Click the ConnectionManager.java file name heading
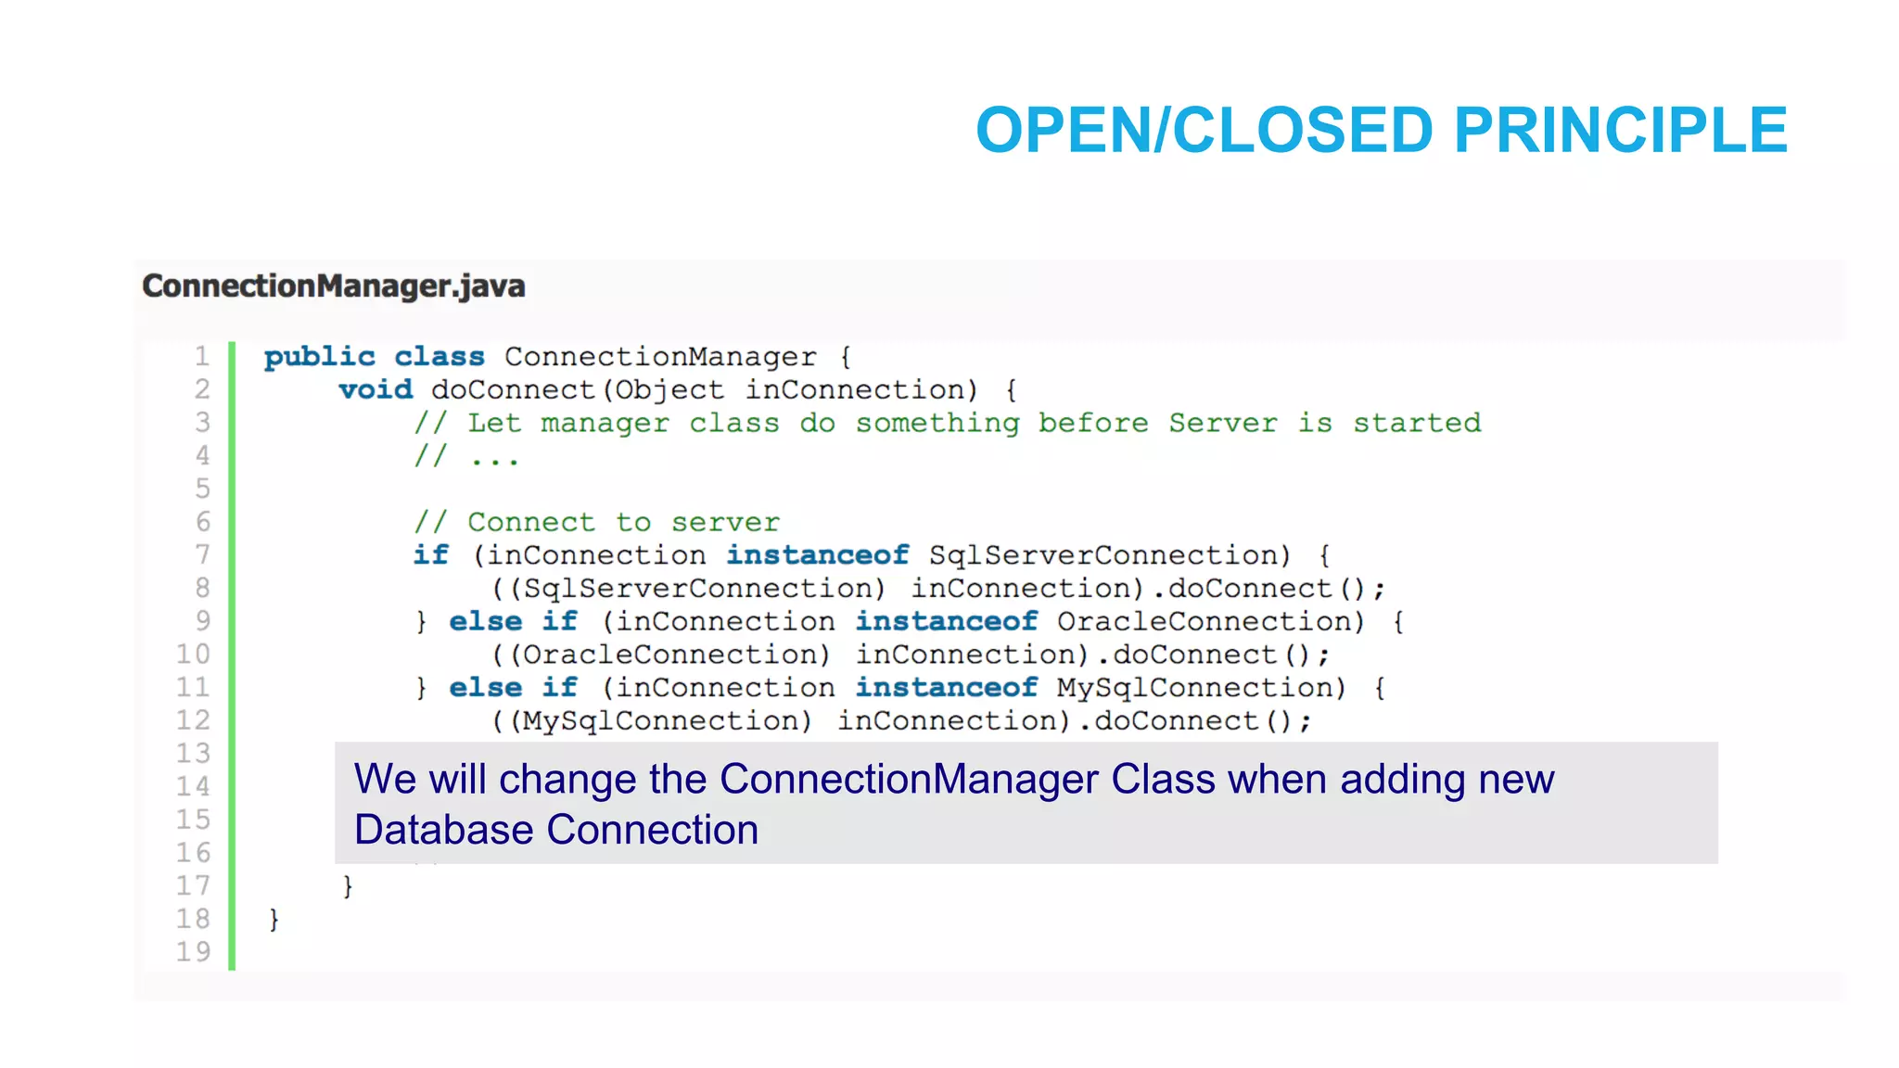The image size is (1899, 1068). pos(334,286)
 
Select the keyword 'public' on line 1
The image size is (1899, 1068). pos(319,357)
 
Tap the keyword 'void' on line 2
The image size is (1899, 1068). pos(376,390)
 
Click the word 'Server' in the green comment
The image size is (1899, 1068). pos(1222,424)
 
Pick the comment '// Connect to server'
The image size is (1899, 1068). pos(596,523)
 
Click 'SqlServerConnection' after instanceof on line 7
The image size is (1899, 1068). pos(1109,555)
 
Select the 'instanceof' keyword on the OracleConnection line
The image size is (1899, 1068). pos(946,621)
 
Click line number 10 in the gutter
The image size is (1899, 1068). pos(194,655)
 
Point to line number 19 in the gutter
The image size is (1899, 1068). pos(194,952)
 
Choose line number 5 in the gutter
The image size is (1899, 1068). pos(202,489)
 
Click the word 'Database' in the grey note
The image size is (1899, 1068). pos(444,830)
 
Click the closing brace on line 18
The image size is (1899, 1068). pos(274,920)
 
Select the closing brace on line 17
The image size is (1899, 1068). pos(348,886)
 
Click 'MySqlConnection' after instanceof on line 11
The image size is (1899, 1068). pos(1201,688)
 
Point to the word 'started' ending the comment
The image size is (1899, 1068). pos(1417,424)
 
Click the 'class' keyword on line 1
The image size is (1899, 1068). pos(440,357)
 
